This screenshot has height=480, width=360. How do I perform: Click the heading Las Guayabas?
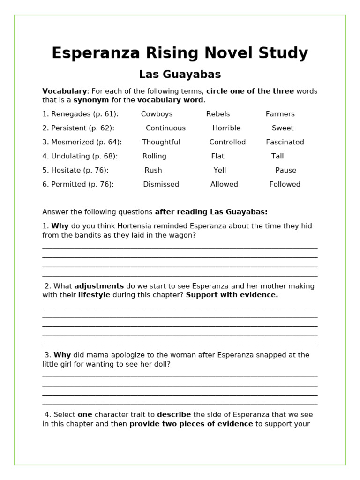180,75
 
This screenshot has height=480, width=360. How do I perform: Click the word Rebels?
218,114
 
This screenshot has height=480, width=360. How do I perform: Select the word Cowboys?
157,114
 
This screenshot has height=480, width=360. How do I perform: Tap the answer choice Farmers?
280,114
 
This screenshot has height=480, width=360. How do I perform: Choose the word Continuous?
165,128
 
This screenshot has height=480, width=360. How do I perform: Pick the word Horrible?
226,128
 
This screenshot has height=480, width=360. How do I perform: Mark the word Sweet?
283,128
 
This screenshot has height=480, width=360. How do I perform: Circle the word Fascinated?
285,142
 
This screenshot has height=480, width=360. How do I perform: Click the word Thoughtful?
161,142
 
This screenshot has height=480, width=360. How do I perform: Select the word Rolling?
154,156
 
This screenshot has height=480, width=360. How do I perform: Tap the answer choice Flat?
217,156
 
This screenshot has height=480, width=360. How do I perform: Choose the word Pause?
285,170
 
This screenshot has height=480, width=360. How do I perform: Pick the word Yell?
220,170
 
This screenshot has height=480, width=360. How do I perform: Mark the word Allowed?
224,184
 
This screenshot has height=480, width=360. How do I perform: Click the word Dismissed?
161,184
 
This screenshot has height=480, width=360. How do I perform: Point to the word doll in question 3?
161,364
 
